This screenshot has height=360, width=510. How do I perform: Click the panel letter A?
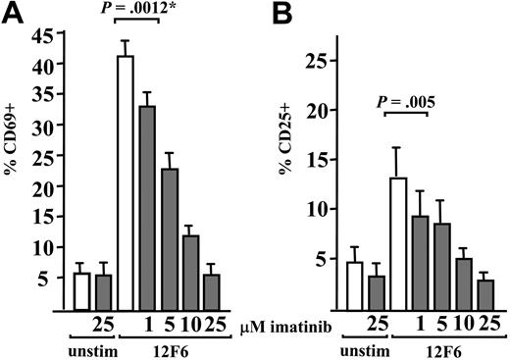(12, 13)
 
